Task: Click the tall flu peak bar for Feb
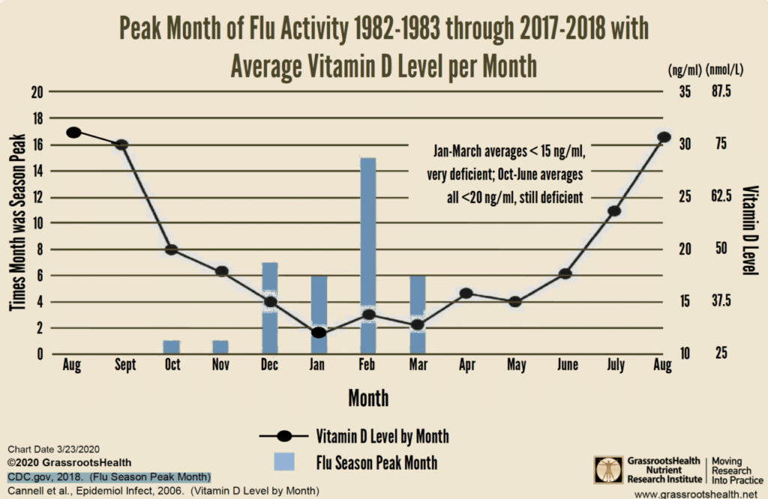(x=368, y=255)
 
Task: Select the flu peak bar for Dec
(x=269, y=308)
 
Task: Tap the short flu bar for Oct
(x=171, y=348)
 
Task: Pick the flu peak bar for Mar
(x=418, y=315)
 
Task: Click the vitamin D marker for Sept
(x=122, y=145)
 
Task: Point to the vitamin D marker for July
(x=614, y=211)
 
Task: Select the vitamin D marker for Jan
(x=319, y=332)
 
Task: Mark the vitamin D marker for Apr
(x=466, y=293)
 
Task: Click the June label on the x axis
(x=565, y=366)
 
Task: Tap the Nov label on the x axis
(x=220, y=366)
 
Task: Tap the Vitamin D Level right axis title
(x=748, y=229)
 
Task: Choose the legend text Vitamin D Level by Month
(x=382, y=436)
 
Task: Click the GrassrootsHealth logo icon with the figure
(x=608, y=469)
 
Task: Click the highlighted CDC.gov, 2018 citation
(x=109, y=477)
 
